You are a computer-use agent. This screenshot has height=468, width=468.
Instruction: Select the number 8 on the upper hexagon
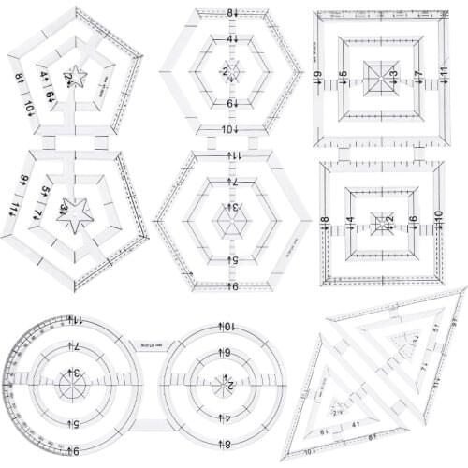(229, 13)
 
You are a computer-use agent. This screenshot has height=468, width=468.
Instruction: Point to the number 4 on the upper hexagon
(229, 39)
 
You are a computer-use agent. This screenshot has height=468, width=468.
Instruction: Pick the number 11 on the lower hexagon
(229, 154)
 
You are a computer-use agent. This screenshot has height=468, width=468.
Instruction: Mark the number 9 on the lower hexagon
(229, 285)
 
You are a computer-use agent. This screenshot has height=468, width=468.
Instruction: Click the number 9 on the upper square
(319, 75)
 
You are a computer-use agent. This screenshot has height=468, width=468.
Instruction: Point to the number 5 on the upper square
(344, 74)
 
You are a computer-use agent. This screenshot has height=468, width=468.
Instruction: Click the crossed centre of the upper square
(381, 73)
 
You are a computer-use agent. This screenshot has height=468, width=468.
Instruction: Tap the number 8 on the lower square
(325, 221)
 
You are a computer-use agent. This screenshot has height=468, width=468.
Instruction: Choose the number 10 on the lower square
(437, 216)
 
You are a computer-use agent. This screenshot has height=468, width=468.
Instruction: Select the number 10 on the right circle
(228, 326)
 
